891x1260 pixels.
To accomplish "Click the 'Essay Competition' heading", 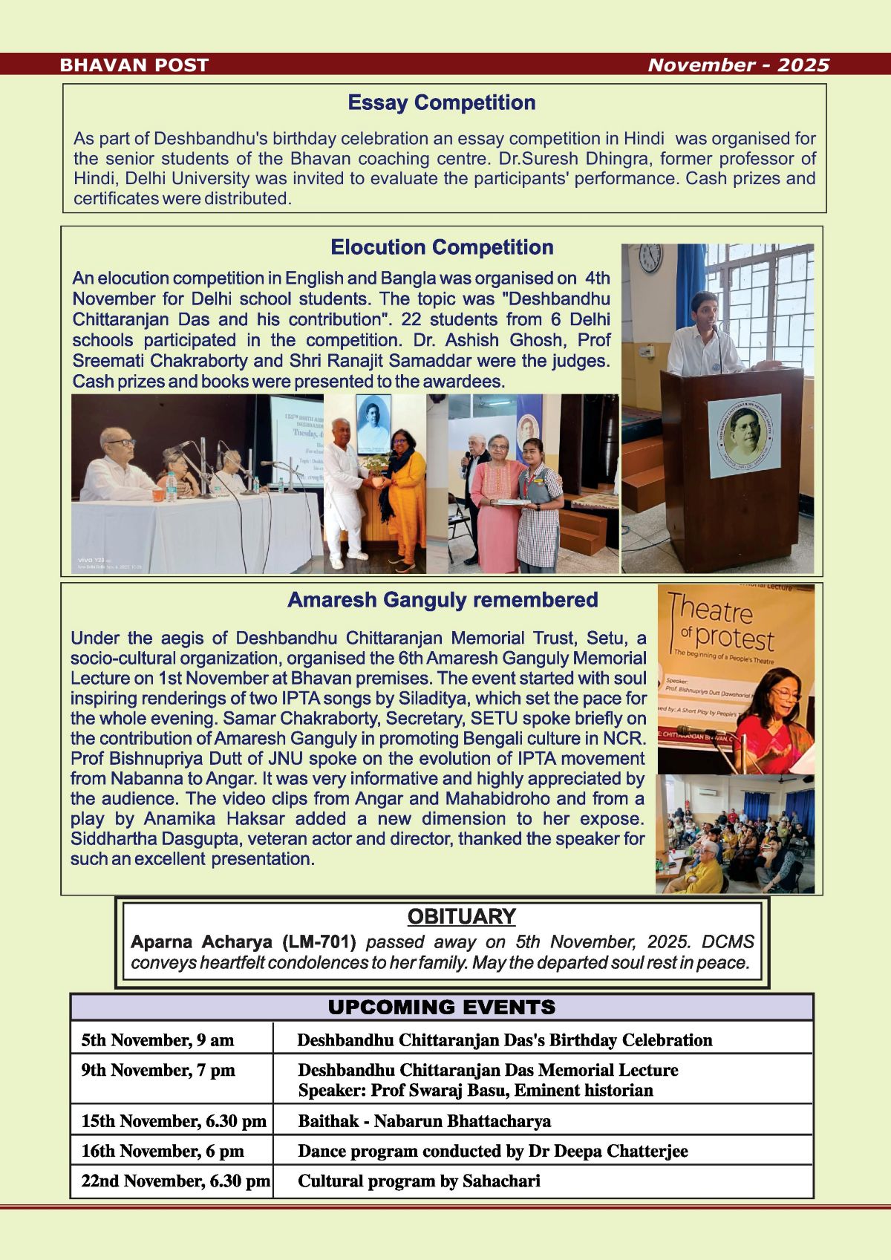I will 442,102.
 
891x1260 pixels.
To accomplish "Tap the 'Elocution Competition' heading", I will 442,247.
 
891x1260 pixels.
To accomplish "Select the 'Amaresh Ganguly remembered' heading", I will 443,600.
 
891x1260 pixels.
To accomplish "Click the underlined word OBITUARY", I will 461,917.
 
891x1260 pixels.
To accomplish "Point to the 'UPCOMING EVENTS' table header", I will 442,1008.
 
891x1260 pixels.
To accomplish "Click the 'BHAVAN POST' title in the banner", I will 134,65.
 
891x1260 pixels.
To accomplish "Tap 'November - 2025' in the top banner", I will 738,65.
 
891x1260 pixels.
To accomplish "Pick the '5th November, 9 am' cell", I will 157,1040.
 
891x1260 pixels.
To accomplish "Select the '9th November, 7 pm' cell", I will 158,1071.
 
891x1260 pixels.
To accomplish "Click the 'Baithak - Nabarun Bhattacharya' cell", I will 424,1121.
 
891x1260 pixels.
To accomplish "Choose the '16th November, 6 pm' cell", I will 163,1152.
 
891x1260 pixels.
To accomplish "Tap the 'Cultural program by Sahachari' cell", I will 419,1181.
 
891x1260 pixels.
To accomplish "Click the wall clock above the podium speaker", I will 650,257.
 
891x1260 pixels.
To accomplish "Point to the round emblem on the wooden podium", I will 743,435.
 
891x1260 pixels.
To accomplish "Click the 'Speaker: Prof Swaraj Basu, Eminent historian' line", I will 475,1091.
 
